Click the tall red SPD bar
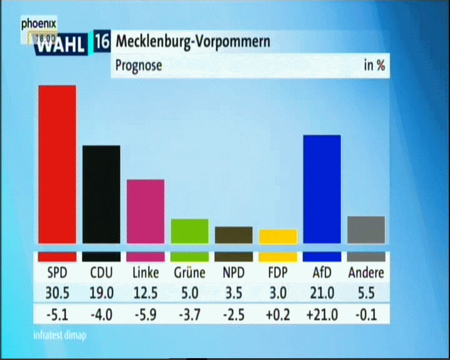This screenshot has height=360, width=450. click(x=57, y=164)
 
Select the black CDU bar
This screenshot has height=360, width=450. click(x=101, y=194)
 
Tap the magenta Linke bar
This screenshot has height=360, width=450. click(x=146, y=211)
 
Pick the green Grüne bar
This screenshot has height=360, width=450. click(x=189, y=231)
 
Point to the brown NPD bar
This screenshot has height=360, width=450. click(x=234, y=234)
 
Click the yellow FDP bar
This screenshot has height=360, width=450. click(x=277, y=236)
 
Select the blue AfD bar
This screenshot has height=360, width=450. click(x=321, y=189)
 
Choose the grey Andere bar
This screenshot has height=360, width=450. click(x=366, y=229)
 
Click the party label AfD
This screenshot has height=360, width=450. click(x=321, y=273)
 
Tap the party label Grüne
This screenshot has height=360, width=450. click(x=189, y=273)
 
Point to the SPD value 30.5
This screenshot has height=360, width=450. click(x=57, y=292)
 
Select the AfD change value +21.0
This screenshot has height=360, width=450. click(x=321, y=314)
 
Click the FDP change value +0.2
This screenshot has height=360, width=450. click(x=277, y=314)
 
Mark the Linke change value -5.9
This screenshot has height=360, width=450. click(x=146, y=314)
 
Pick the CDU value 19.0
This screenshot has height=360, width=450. click(x=101, y=292)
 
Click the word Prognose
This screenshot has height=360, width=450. click(x=138, y=66)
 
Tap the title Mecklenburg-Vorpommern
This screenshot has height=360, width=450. click(x=193, y=42)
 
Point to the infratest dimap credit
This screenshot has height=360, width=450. click(x=60, y=335)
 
